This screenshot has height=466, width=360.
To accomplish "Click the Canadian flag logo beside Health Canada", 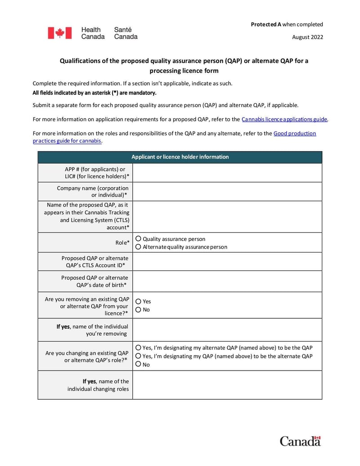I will click(60, 33).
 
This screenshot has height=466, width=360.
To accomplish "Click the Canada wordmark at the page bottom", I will click(300, 441).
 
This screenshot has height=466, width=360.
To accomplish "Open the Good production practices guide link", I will click(294, 133).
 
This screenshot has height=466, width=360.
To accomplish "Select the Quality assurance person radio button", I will click(139, 239).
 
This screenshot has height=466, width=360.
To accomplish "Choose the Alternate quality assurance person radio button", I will click(139, 247).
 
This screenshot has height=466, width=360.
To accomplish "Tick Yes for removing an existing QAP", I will click(139, 301).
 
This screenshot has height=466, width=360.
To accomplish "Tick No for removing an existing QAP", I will click(139, 309).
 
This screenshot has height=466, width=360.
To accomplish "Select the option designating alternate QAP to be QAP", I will click(139, 348).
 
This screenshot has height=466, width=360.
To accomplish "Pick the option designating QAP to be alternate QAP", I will click(139, 356).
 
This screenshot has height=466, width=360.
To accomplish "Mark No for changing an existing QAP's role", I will click(139, 364).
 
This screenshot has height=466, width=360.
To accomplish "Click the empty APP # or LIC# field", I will click(227, 172).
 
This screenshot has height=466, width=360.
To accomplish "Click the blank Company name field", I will click(227, 191).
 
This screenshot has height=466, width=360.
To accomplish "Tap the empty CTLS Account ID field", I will click(227, 262).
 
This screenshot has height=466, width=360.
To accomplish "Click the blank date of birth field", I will click(227, 281).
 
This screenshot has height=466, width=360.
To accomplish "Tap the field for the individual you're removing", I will click(227, 330).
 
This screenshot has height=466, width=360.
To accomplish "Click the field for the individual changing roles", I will click(227, 385).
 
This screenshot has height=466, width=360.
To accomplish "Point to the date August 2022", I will click(307, 37).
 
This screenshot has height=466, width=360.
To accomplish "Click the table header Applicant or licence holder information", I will click(180, 157).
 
